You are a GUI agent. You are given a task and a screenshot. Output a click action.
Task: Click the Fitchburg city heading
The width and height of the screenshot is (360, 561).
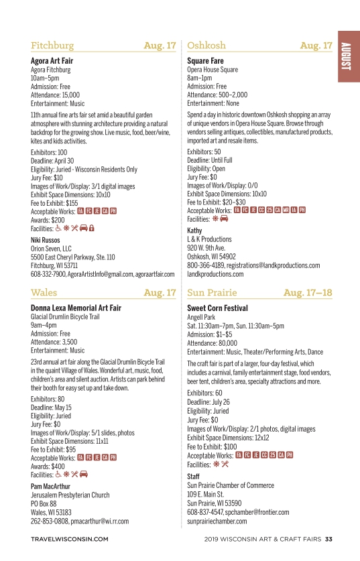click(52, 46)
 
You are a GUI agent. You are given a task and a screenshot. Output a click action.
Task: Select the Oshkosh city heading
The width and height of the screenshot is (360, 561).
click(206, 46)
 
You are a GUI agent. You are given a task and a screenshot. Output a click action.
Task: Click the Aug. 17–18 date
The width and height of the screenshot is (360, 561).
click(308, 293)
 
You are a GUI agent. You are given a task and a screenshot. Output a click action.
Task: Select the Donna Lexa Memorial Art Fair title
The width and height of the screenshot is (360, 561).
click(76, 308)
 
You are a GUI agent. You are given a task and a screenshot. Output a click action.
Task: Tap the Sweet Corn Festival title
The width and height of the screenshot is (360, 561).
click(218, 308)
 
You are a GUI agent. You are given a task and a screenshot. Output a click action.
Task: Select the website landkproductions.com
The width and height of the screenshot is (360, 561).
click(225, 274)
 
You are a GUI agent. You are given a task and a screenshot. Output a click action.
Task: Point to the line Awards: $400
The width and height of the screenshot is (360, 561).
click(48, 466)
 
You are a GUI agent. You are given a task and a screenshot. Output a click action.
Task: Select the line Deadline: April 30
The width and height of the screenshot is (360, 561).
click(52, 161)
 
